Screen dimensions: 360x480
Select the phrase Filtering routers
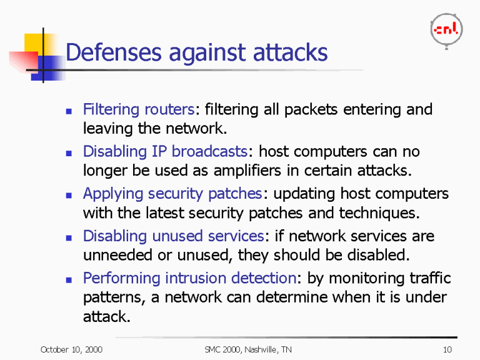[139, 109]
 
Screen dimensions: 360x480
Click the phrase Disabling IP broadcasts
[166, 152]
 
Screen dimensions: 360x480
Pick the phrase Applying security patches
[172, 194]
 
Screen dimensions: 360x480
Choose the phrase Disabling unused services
[174, 236]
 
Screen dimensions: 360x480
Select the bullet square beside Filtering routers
[70, 111]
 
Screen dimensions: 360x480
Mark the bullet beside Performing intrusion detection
[70, 279]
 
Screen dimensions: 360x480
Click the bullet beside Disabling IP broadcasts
[70, 153]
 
